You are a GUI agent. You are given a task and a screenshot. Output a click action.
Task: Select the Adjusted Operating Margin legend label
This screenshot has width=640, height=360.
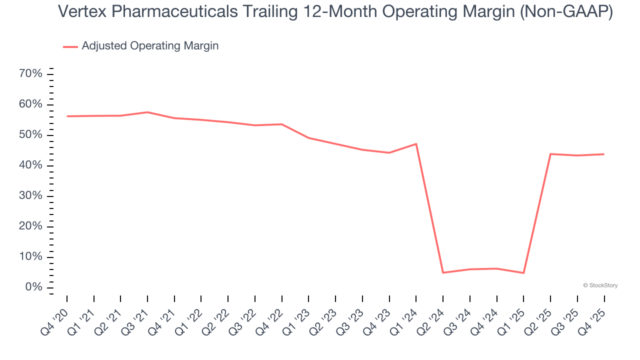point(150,46)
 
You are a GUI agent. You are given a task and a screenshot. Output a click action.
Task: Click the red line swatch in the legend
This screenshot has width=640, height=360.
point(70,46)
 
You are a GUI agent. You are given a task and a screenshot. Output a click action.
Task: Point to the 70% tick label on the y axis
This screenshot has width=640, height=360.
point(30,74)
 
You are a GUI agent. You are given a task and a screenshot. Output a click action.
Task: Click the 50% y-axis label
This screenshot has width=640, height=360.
point(30,135)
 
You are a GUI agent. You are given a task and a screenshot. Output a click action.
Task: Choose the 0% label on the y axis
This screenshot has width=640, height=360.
point(33,287)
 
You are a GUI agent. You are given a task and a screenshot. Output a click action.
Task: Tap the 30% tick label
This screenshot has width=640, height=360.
point(30,196)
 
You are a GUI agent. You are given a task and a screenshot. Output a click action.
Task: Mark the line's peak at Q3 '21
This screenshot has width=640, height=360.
point(147,112)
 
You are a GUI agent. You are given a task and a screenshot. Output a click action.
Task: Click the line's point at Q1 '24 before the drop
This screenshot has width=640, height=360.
point(416,144)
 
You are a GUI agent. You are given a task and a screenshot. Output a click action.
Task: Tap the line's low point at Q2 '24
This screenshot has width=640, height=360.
point(443,272)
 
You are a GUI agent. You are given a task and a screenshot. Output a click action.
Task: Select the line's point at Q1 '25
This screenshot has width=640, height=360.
point(523,273)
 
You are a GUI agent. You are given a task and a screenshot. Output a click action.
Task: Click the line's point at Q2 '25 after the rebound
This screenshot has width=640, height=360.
point(550,154)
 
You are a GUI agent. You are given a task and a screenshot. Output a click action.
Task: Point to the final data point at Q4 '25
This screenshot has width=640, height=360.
point(604,154)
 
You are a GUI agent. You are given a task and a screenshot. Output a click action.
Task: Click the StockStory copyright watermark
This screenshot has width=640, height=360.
point(600,285)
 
